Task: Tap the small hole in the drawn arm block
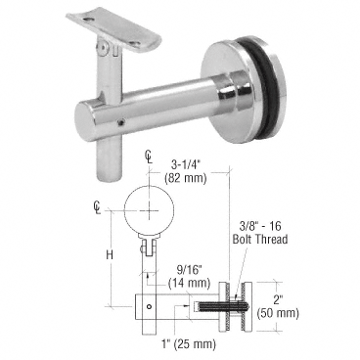(x=148, y=305)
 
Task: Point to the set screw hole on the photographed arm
(x=119, y=122)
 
